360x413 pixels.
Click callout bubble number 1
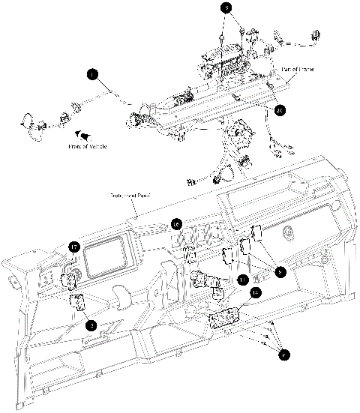point(91,74)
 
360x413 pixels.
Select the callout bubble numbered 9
point(227,8)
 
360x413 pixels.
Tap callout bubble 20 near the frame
point(280,110)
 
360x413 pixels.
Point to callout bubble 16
point(175,223)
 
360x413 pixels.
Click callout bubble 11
point(242,280)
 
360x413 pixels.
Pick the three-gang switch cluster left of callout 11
point(208,283)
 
